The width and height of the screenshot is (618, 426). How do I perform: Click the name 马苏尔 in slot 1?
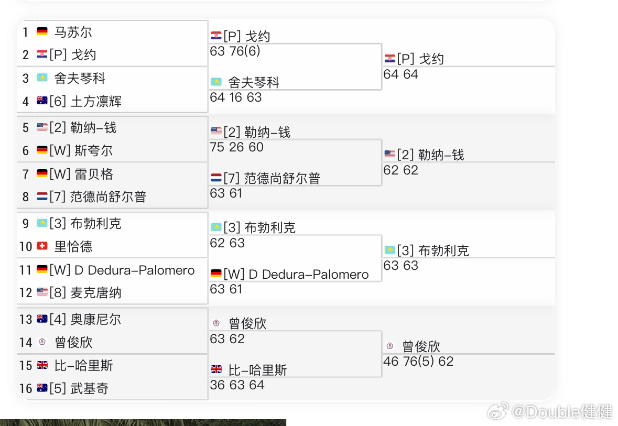[73, 32]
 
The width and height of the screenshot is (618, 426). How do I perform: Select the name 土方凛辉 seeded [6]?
[96, 101]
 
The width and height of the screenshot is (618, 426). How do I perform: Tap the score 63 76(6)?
[235, 51]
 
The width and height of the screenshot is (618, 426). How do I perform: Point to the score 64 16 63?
[235, 97]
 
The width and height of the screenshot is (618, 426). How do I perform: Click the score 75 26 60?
[236, 147]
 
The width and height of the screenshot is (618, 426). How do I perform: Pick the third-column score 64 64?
[400, 74]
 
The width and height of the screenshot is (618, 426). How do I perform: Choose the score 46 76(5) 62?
[418, 362]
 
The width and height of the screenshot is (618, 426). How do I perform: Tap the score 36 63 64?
[237, 385]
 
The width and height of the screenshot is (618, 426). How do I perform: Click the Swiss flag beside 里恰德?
[42, 246]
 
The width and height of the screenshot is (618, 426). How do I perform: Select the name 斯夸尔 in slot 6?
[94, 151]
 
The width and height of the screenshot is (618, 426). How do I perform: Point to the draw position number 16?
[26, 389]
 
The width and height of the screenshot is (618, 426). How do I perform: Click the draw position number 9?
[26, 224]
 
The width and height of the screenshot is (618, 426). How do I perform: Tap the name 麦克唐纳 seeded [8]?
[96, 292]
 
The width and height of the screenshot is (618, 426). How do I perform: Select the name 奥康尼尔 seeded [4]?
[96, 320]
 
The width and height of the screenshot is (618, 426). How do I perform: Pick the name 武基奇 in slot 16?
[90, 389]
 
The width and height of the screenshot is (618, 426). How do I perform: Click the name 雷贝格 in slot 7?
[94, 174]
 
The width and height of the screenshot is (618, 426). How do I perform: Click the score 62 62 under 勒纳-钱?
[400, 170]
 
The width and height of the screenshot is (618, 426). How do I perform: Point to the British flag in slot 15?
[42, 365]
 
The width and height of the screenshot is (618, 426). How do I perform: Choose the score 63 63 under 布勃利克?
[400, 266]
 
